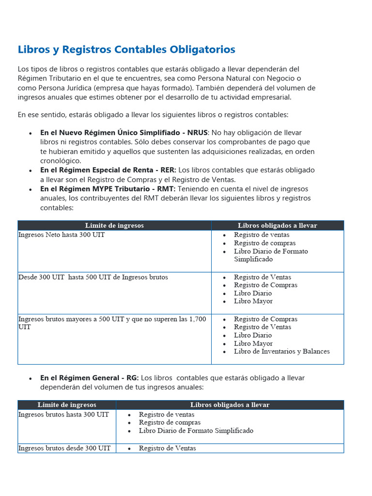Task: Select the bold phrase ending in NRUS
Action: [124, 133]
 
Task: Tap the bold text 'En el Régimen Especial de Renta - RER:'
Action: [108, 170]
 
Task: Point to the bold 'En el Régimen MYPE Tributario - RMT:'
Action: [108, 189]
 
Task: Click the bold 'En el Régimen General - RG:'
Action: [89, 378]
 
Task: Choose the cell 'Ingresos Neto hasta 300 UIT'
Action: [62, 235]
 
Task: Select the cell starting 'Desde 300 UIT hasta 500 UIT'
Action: [93, 277]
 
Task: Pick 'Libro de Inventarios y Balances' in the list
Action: [281, 352]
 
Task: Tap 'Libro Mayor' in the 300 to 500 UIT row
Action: [253, 301]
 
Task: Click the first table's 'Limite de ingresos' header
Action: [114, 226]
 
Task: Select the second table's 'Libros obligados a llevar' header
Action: [230, 405]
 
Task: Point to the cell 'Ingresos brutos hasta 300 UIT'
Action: [63, 415]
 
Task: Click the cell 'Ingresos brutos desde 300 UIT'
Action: [64, 449]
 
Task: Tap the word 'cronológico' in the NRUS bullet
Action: [61, 161]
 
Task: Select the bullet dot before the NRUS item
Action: [31, 133]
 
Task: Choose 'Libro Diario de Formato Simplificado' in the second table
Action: [196, 431]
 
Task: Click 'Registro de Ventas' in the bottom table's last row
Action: [167, 449]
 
